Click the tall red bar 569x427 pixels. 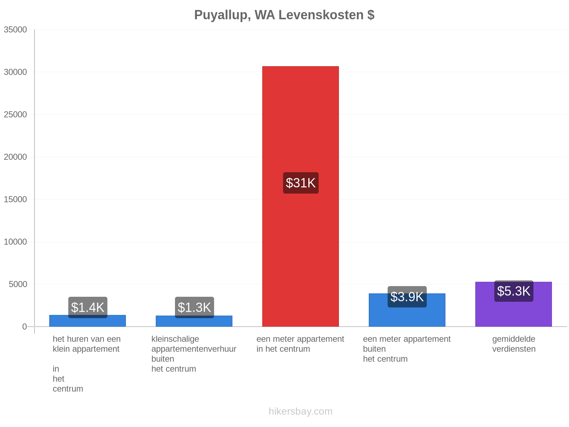pos(301,196)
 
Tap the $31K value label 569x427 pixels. pos(301,183)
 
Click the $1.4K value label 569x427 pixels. pos(87,307)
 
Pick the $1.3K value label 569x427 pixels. pos(195,307)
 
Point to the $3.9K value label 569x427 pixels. pos(407,297)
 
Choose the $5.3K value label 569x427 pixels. pos(514,291)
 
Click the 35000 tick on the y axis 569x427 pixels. pos(15,30)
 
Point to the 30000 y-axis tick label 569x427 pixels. pos(15,72)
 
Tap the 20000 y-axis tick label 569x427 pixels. pos(15,157)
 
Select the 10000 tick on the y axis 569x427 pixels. pos(15,242)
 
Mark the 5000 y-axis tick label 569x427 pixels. pos(18,284)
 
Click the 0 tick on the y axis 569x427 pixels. pos(25,327)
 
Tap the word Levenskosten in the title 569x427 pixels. pos(321,15)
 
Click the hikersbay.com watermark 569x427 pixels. pos(301,411)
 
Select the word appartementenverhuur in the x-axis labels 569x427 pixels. pos(194,349)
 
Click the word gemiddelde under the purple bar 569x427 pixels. pos(514,339)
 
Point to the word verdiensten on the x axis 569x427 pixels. pos(514,349)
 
